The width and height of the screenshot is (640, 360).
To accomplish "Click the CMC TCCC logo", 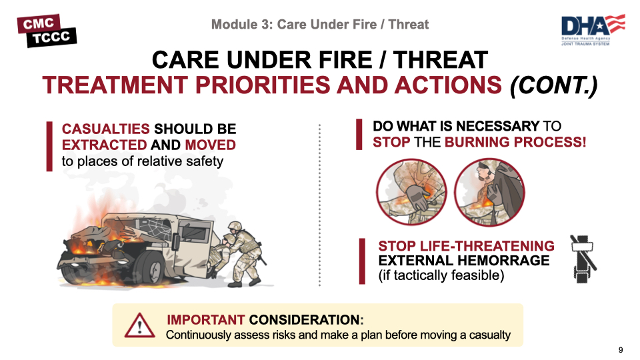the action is click(47, 31).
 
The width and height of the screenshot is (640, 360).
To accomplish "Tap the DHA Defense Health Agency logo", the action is click(593, 30).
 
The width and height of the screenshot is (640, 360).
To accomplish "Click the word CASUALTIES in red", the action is click(106, 129).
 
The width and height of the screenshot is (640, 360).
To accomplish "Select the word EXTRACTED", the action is click(104, 145).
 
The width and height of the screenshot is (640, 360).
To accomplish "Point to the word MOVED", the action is click(210, 145).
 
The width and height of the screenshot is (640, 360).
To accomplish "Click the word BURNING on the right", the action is click(477, 142).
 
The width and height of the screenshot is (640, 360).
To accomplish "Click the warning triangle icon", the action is click(139, 326).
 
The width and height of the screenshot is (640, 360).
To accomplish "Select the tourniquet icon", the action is click(583, 259).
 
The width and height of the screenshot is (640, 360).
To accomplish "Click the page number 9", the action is click(621, 350).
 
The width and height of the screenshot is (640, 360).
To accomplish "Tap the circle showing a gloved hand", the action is click(411, 192).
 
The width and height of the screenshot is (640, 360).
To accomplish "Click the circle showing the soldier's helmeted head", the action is click(489, 192).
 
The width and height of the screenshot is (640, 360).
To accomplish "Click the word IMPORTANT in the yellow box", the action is click(206, 319).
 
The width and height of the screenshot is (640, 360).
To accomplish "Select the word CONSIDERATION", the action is click(306, 319).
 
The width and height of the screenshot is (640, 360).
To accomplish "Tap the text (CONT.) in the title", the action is click(553, 85).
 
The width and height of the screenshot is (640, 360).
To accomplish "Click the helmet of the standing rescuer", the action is click(235, 227).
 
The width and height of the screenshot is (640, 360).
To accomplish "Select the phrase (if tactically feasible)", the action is click(441, 275).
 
